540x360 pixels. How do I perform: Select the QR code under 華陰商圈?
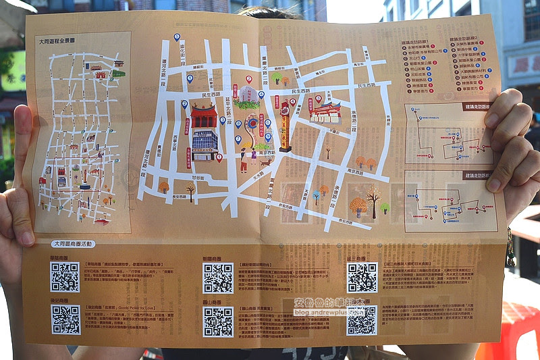(x=65, y=276)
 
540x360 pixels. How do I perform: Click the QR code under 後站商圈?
(x=65, y=319)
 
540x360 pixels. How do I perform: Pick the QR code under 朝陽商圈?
(x=218, y=278)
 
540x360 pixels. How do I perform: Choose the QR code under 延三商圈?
(x=362, y=277)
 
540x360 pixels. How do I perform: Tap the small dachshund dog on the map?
(x=266, y=161)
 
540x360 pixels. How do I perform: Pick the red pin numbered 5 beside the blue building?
(x=219, y=157)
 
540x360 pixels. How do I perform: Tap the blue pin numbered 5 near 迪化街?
(x=184, y=104)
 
